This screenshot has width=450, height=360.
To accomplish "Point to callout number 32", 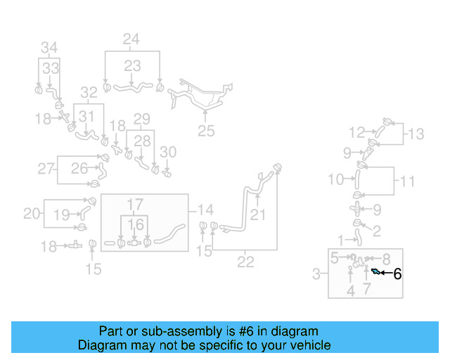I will tap(88, 92).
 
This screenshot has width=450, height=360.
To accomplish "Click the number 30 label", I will tap(168, 152).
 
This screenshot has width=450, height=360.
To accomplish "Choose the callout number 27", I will tap(46, 168).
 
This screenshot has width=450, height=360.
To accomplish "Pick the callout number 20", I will tap(32, 213).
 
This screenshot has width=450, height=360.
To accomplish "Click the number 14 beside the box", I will tap(205, 210).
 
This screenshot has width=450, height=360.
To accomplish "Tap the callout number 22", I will tap(245, 262).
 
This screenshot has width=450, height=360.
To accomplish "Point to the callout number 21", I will tap(258, 214).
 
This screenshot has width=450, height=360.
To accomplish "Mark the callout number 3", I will tap(316, 272).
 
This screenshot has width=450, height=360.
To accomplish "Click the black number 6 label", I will tap(397, 274).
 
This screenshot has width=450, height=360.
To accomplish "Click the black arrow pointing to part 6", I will tap(386, 272).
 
